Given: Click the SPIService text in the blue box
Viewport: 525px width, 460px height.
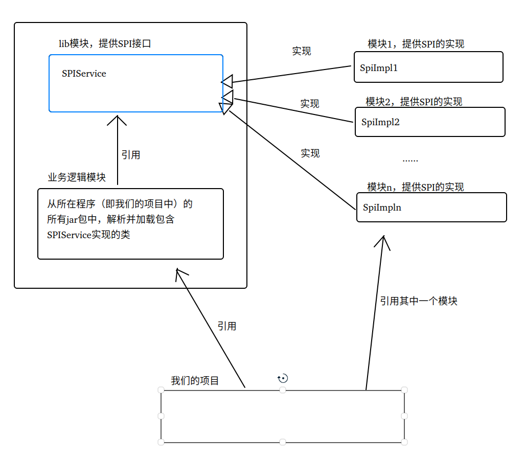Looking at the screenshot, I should coord(84,74).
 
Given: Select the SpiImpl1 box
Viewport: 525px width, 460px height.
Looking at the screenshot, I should coord(428,67).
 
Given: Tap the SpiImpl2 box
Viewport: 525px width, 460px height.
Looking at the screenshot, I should coord(430,122).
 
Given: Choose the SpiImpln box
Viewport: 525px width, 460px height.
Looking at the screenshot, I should coord(431,207).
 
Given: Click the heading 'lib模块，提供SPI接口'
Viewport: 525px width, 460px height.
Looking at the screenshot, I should coord(105,43).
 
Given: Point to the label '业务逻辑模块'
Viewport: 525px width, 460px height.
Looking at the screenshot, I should coord(77,177).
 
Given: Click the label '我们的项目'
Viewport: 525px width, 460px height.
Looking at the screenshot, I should coord(195,381).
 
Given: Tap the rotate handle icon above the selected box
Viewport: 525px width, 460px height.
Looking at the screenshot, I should coord(283,378).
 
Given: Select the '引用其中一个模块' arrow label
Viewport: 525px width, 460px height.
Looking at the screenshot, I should coord(418,301).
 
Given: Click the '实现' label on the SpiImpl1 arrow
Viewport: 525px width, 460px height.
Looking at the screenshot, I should coord(302,51).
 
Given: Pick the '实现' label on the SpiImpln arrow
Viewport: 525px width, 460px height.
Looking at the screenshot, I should coord(310,153).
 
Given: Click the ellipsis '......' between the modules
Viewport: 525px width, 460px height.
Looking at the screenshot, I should coord(410,160).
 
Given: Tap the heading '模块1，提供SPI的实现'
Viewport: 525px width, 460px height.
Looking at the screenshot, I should coord(416,44).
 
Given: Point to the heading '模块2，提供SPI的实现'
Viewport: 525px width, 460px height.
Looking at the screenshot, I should coord(414,102).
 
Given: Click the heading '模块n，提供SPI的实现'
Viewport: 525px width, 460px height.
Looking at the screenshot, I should coord(415,187).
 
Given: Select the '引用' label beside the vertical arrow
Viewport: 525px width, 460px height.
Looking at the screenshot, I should coord(131,155).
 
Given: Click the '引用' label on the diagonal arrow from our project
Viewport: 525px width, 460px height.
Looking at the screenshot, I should coord(227,326).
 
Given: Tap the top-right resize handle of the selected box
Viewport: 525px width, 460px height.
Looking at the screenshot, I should coord(404,390).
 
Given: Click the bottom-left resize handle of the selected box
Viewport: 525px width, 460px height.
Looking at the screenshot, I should coord(161,442).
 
